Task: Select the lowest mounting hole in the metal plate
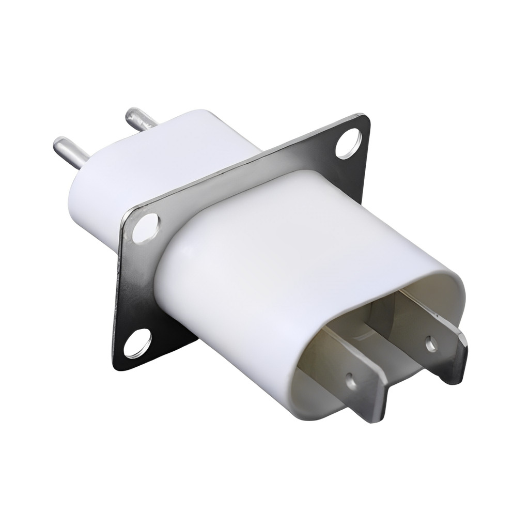(137, 344)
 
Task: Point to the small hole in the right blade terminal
(430, 343)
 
